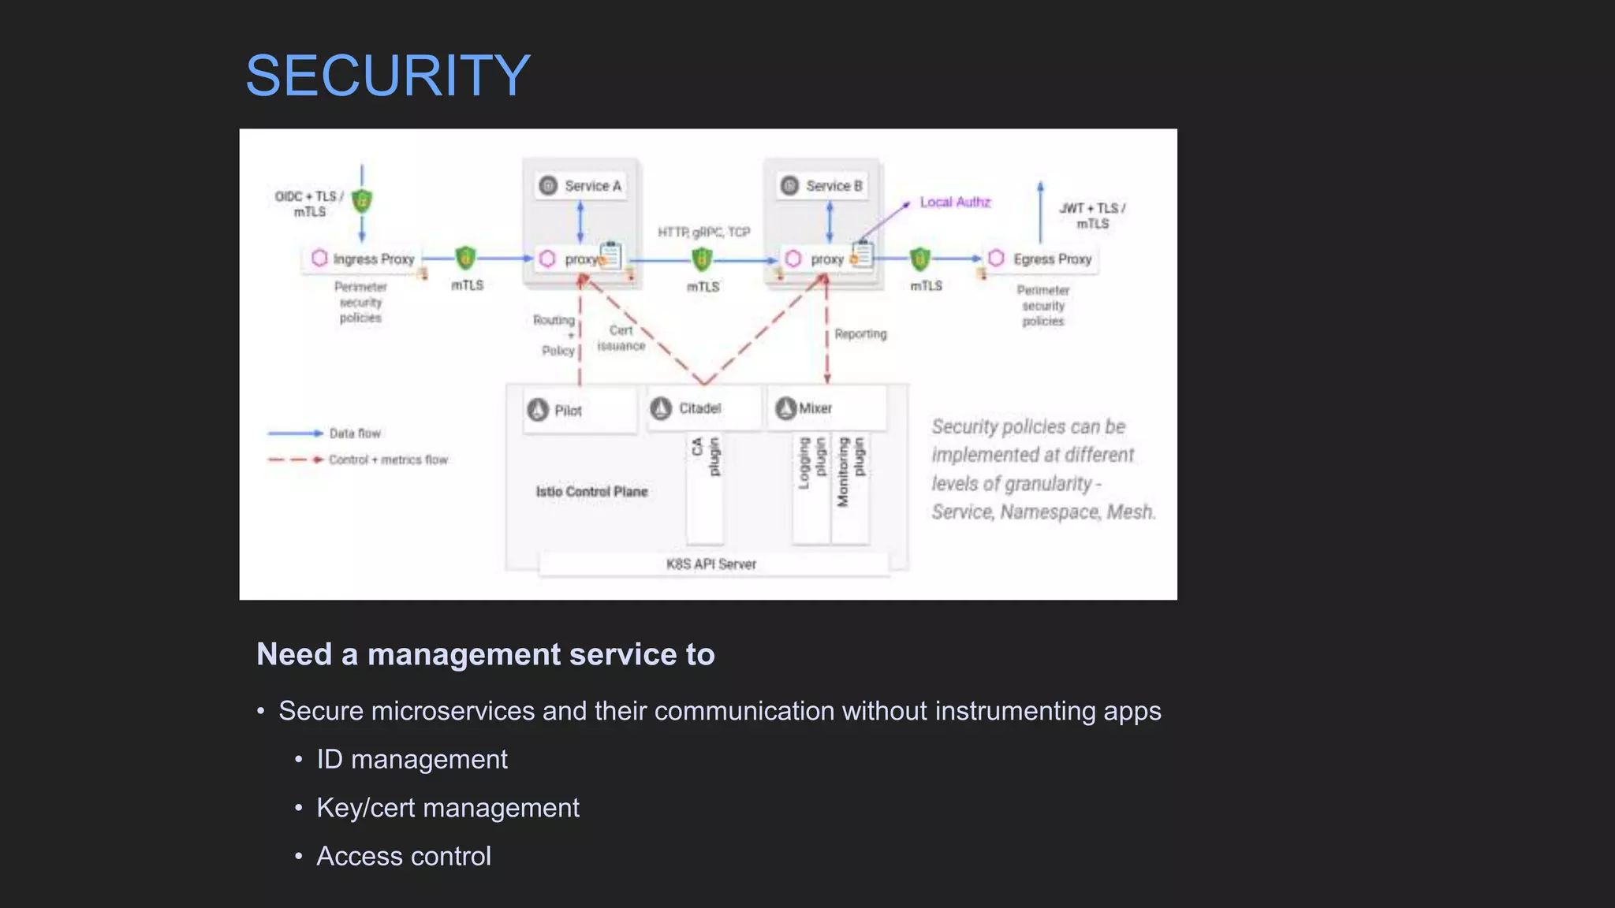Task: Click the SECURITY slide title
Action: (x=387, y=76)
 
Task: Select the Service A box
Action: (x=581, y=186)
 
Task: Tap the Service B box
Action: (x=822, y=186)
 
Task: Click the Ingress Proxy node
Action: (x=364, y=259)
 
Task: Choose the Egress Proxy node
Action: (x=1042, y=259)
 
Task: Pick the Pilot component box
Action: (x=578, y=410)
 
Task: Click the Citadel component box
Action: (x=703, y=408)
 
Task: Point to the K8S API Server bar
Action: (x=712, y=564)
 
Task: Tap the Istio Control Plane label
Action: (x=591, y=492)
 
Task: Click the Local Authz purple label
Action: (x=955, y=203)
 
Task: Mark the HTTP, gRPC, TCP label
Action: (x=703, y=232)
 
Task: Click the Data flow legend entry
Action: (x=355, y=434)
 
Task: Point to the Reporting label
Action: (x=860, y=334)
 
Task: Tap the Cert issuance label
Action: (x=621, y=338)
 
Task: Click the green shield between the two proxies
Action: (x=702, y=259)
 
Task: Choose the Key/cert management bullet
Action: (x=447, y=808)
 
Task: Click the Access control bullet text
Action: (x=404, y=856)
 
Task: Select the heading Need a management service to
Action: (x=486, y=654)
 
